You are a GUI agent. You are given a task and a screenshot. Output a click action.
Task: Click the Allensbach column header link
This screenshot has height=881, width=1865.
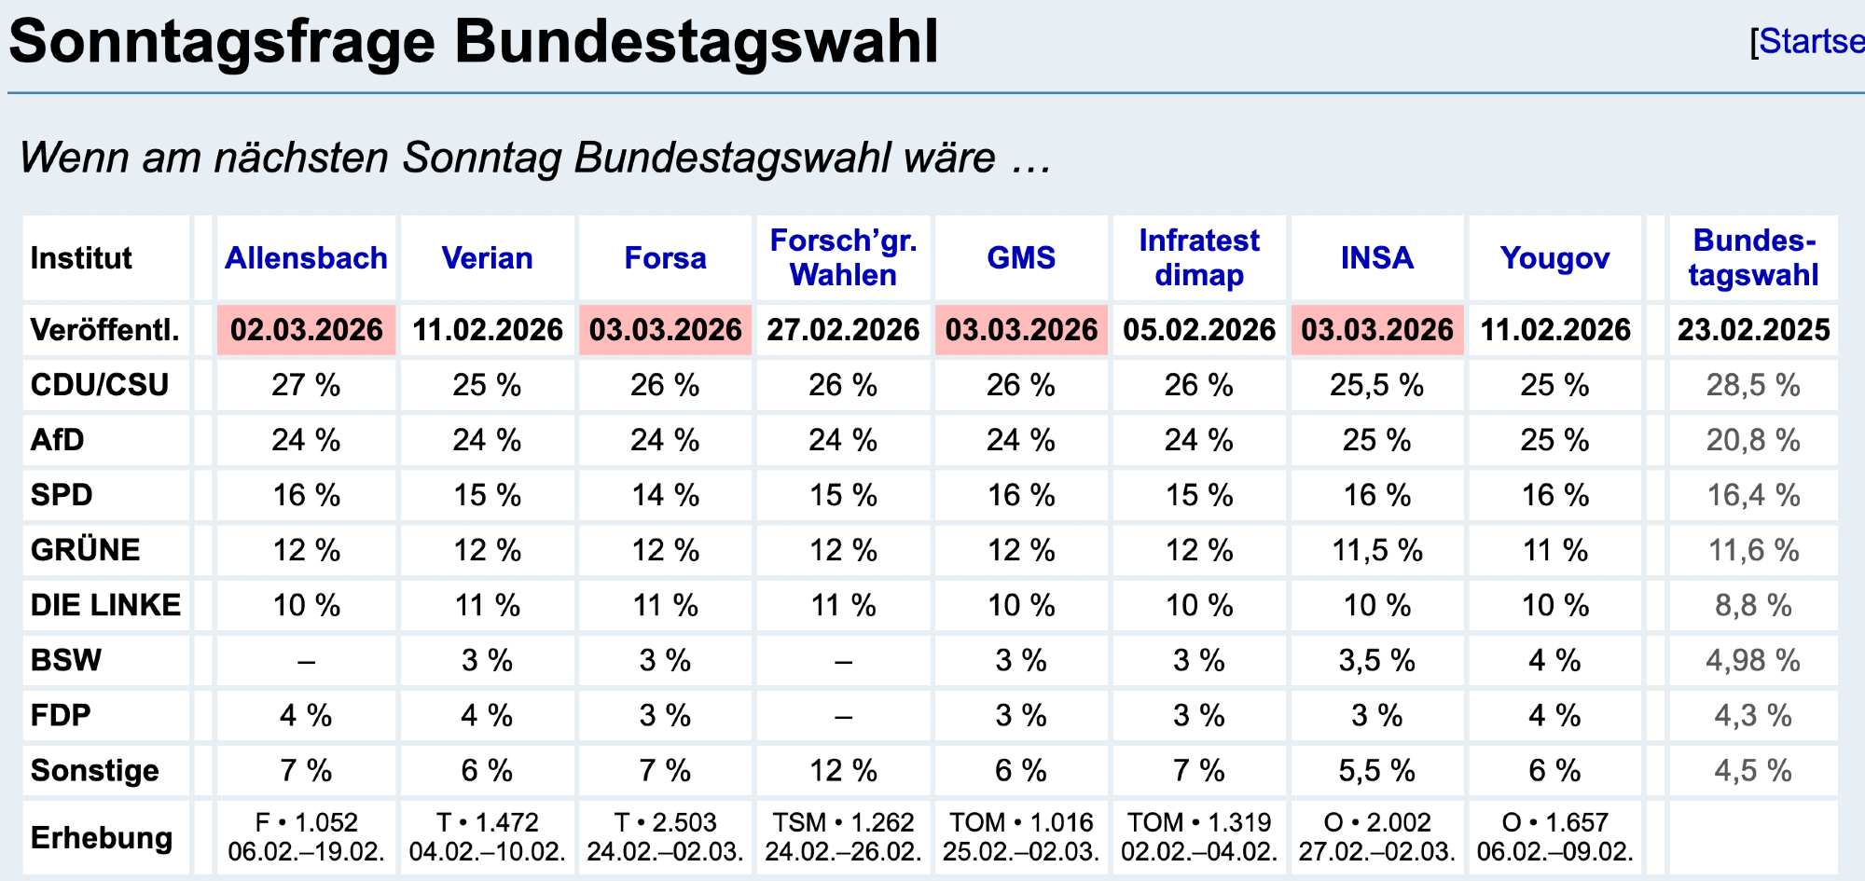click(x=306, y=258)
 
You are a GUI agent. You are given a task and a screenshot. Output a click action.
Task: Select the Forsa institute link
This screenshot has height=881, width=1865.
click(x=665, y=258)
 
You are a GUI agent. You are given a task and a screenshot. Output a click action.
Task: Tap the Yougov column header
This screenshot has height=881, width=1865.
click(x=1554, y=258)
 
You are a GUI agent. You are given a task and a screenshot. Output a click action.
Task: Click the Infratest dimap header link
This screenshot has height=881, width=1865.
click(x=1199, y=258)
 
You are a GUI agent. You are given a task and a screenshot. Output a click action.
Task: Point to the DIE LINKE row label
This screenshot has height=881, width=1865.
click(x=105, y=605)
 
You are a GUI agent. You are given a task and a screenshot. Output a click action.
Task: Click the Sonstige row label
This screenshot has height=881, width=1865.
click(x=94, y=771)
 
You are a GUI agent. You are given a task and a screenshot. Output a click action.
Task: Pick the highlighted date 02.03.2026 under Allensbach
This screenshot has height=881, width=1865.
click(x=307, y=330)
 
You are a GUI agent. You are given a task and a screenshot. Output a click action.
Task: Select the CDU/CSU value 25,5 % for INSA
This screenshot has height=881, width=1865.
click(x=1377, y=385)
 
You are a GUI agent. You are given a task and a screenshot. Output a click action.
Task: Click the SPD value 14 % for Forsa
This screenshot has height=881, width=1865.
click(x=665, y=495)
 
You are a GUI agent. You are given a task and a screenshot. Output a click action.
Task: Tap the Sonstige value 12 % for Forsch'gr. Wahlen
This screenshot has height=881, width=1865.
click(x=843, y=771)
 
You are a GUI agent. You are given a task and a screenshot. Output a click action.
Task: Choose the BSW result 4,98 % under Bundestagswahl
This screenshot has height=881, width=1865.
click(x=1753, y=661)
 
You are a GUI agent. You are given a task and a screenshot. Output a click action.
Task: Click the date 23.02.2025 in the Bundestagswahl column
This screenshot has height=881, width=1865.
click(x=1753, y=330)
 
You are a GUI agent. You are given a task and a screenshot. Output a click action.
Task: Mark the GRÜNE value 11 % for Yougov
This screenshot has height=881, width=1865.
click(x=1554, y=550)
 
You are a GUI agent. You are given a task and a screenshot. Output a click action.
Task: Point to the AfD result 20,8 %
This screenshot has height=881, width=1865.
click(x=1753, y=440)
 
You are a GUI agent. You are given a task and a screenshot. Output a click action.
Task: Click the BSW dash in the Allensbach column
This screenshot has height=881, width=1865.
click(x=306, y=662)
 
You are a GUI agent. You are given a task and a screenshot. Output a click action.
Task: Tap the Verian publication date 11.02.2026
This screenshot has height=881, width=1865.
click(x=488, y=330)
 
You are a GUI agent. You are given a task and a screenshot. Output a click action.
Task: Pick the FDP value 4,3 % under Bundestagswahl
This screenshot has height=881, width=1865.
click(x=1753, y=716)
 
